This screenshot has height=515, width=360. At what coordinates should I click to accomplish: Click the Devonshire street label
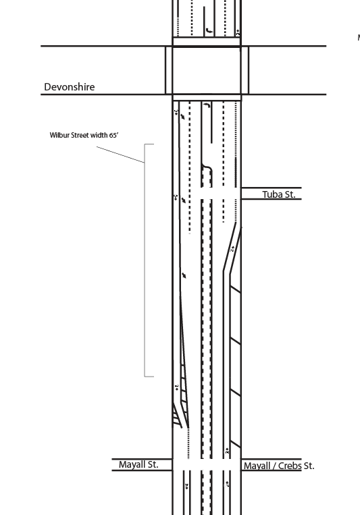point(70,86)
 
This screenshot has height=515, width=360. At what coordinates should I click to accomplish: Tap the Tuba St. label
point(279,194)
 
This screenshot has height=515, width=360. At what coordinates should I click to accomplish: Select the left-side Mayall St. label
point(138,464)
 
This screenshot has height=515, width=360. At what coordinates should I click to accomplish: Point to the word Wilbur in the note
point(59,135)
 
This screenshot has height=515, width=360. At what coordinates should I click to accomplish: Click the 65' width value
point(113,135)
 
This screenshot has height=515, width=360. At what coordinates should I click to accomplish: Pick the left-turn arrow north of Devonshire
point(209,31)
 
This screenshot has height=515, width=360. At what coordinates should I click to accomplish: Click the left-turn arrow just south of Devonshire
point(206,105)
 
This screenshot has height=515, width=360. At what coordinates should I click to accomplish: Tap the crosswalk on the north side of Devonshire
point(207,42)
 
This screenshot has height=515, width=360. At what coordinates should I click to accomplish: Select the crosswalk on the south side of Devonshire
point(207,97)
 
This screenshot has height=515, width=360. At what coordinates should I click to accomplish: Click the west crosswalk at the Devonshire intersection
point(169,70)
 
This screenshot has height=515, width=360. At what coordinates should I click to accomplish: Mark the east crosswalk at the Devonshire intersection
point(245,70)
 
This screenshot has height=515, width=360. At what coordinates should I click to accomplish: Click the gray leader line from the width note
point(121,155)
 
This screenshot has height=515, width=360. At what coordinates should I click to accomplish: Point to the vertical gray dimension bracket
point(145,260)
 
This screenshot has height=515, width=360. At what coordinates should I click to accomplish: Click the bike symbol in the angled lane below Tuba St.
point(232,249)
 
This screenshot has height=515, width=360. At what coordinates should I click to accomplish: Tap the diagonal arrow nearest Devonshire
point(182,116)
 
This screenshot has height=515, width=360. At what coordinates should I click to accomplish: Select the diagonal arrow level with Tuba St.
point(184,200)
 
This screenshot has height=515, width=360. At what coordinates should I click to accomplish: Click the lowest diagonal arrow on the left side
point(184,275)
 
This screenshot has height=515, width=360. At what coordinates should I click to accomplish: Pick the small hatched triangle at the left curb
point(177,415)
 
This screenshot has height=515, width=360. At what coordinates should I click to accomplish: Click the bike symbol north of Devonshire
point(238,32)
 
